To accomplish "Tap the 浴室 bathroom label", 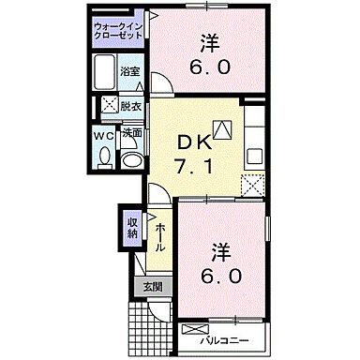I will (130, 71).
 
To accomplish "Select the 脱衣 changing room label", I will (130, 106).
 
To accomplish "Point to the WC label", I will (104, 133).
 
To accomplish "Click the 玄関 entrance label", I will (152, 286).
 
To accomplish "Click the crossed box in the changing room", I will (108, 106).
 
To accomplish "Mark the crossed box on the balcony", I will (196, 330).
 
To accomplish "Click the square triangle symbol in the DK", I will (221, 129).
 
